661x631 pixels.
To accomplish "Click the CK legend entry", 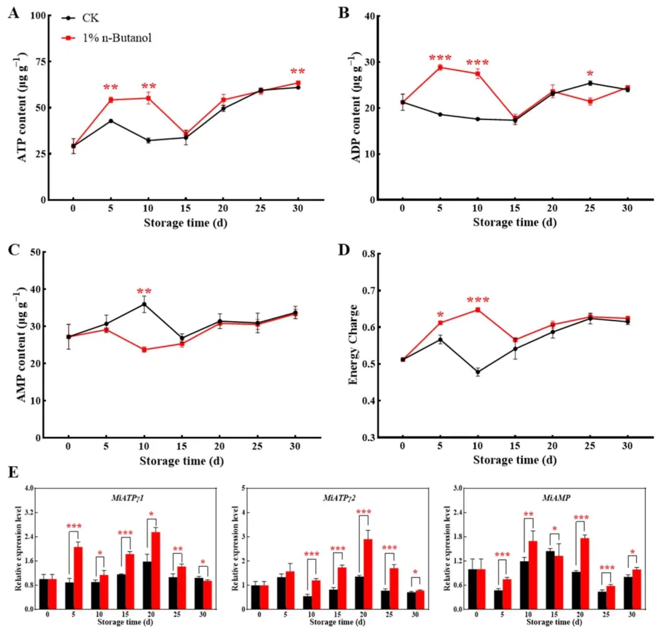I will (x=91, y=18).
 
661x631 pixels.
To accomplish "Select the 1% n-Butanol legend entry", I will (x=116, y=38).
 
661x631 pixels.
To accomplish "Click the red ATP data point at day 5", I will (x=111, y=100).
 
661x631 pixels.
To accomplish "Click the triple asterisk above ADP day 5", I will (x=440, y=58).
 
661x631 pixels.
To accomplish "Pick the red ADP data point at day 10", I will (x=477, y=74).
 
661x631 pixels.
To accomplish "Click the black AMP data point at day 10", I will (x=144, y=304).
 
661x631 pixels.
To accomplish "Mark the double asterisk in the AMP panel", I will (x=144, y=291).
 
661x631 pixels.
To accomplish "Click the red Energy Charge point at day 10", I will (x=477, y=309).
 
